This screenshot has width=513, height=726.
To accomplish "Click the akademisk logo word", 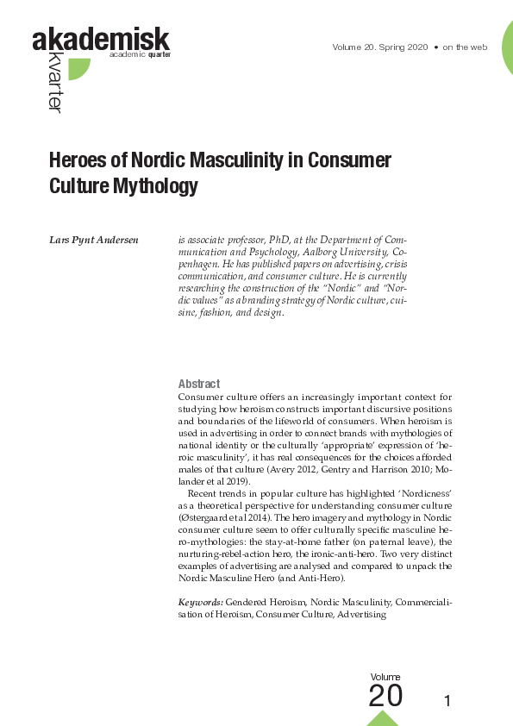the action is (101, 39).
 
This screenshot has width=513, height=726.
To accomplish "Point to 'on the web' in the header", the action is (465, 47).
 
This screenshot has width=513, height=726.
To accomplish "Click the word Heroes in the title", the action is (85, 161).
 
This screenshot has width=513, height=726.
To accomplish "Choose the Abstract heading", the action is (198, 384).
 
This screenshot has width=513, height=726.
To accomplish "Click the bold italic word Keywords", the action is (201, 601).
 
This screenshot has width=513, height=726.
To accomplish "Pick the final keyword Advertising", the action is (361, 615).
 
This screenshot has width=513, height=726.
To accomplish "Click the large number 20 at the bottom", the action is (385, 695).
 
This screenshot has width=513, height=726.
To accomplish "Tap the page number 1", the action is (447, 700).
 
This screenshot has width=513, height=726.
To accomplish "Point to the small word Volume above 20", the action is (385, 677).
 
